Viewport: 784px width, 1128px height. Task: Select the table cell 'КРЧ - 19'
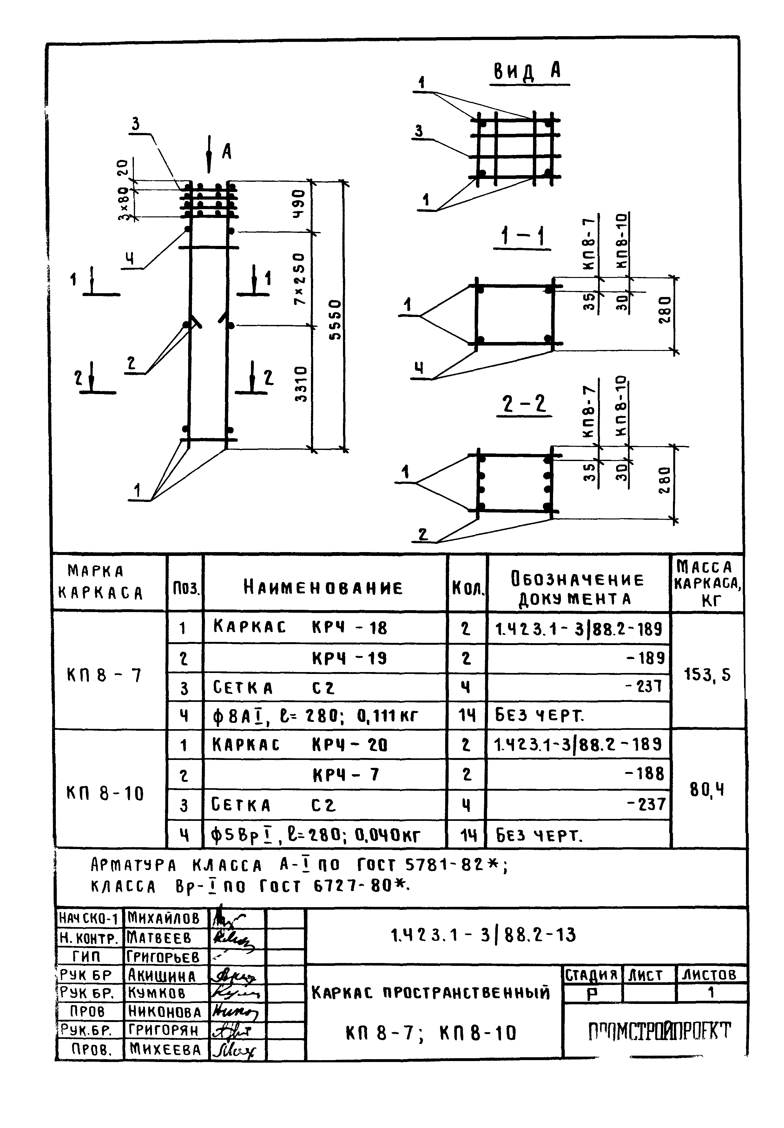(x=349, y=658)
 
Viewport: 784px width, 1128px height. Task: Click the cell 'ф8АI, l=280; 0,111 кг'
(x=314, y=716)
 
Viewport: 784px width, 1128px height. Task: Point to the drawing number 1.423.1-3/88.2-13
(x=483, y=935)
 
